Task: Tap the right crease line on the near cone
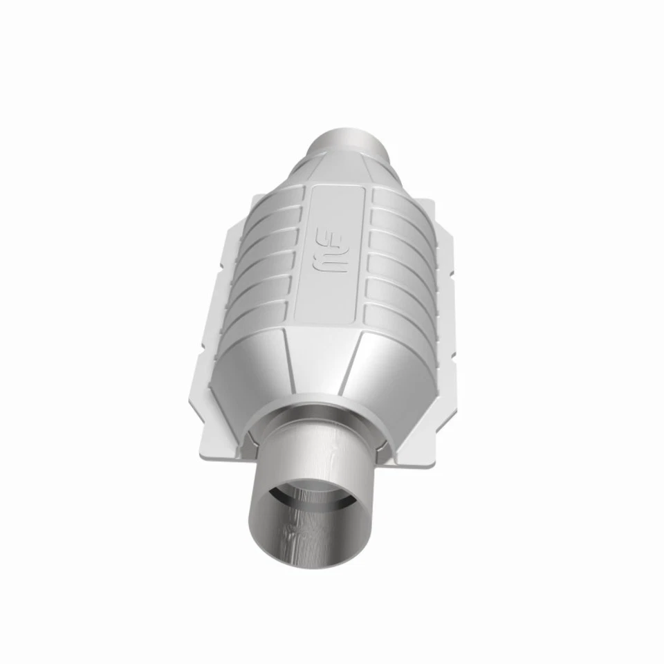[x=358, y=363]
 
